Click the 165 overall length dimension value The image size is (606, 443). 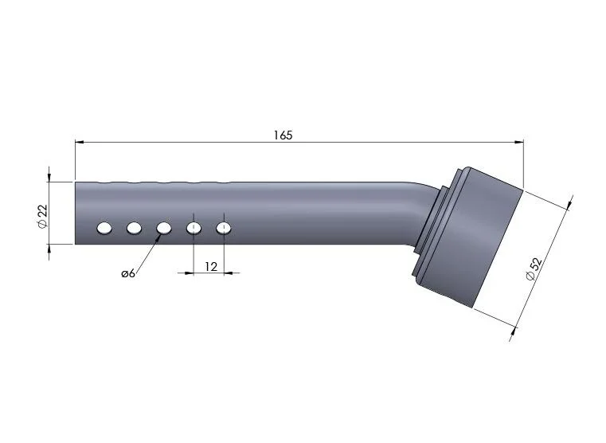click(x=283, y=135)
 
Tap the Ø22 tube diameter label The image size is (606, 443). click(x=42, y=216)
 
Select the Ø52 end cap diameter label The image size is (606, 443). click(x=534, y=269)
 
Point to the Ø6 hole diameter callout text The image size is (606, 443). click(x=128, y=273)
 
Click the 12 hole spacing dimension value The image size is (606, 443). click(x=211, y=266)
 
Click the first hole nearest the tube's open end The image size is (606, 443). click(x=104, y=228)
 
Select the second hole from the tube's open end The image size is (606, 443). click(x=134, y=228)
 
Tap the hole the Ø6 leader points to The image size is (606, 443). click(x=164, y=228)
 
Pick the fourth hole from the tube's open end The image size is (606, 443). click(x=194, y=228)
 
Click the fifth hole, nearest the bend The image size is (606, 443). click(x=224, y=228)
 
